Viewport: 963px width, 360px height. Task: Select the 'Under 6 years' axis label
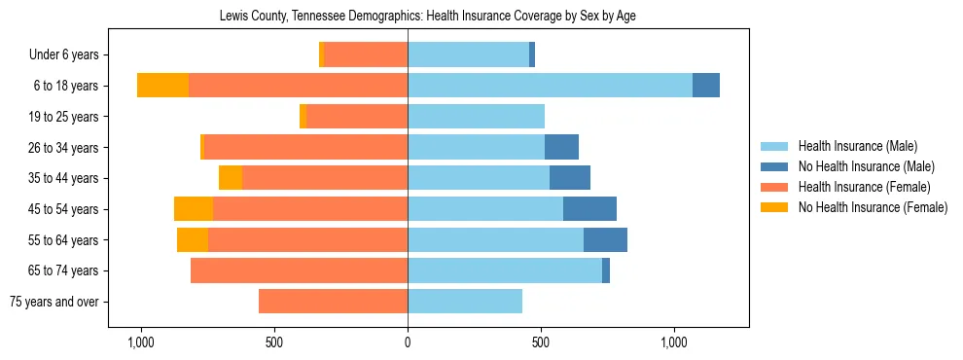(x=70, y=55)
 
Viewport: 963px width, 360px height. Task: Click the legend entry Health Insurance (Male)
(x=857, y=147)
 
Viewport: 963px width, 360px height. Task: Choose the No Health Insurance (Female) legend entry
(x=873, y=207)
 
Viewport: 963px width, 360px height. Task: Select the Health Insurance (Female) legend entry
(x=864, y=187)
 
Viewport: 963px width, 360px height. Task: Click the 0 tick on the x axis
(x=408, y=342)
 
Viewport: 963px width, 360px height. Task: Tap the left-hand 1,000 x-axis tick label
(x=141, y=342)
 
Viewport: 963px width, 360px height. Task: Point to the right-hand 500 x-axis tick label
(x=541, y=342)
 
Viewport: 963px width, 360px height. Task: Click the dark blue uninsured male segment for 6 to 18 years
(x=706, y=86)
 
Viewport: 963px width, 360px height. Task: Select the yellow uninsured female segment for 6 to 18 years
(x=162, y=86)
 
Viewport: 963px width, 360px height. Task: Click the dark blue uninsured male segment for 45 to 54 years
(x=589, y=209)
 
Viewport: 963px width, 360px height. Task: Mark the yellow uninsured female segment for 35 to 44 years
(x=231, y=178)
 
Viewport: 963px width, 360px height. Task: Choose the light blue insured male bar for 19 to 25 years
(x=476, y=117)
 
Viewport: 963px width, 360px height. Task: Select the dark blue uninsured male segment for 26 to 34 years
(x=561, y=147)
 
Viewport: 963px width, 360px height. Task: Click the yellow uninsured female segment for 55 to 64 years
(x=193, y=240)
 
